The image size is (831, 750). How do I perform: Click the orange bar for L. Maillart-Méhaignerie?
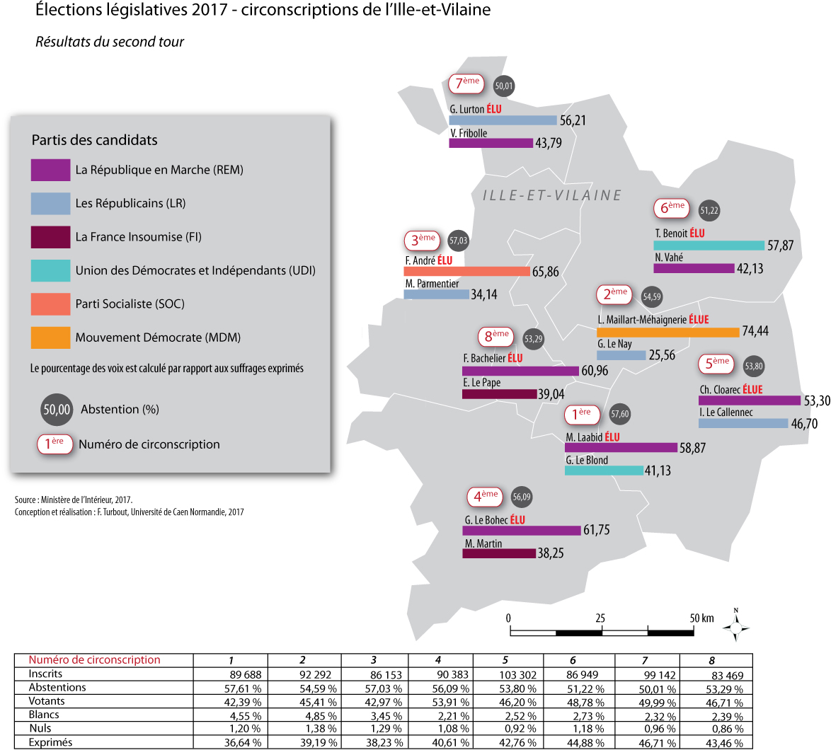(667, 333)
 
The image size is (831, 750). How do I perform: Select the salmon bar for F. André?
(467, 271)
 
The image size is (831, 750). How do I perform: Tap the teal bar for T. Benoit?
(709, 246)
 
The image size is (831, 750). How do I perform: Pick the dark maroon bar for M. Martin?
(499, 553)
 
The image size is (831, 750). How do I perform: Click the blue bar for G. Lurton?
(503, 120)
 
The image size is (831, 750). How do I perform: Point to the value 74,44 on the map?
(755, 331)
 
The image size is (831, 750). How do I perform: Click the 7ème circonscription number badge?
(466, 83)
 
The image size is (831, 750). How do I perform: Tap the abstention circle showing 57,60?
(619, 414)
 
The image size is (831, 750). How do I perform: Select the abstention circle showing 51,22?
(709, 210)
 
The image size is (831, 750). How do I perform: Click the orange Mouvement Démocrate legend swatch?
(50, 337)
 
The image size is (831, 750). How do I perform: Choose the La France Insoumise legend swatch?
(50, 237)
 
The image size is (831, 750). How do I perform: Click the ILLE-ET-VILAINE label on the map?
(551, 195)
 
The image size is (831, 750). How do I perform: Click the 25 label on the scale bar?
(600, 618)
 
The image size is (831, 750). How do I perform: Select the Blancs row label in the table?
(44, 715)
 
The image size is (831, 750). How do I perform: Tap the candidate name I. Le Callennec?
(726, 412)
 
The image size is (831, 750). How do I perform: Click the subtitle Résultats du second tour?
(110, 42)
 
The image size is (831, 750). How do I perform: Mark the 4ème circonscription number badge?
(484, 496)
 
